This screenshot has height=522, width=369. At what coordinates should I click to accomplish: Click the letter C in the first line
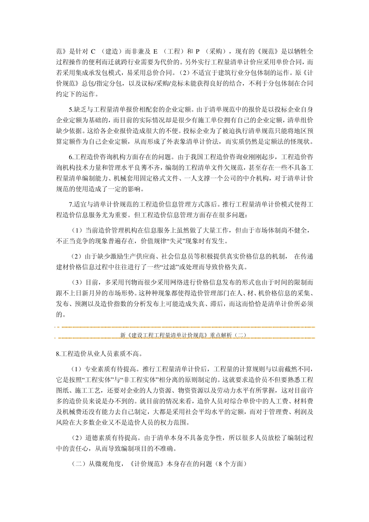[93, 51]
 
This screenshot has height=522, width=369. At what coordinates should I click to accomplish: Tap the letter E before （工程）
[155, 51]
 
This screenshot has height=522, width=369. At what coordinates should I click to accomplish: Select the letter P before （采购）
[198, 51]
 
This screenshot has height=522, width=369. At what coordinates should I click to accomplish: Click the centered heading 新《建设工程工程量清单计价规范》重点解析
[183, 335]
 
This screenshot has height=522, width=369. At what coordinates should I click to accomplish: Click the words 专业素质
[97, 369]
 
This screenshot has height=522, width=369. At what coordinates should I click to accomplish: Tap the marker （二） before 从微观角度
[79, 464]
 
